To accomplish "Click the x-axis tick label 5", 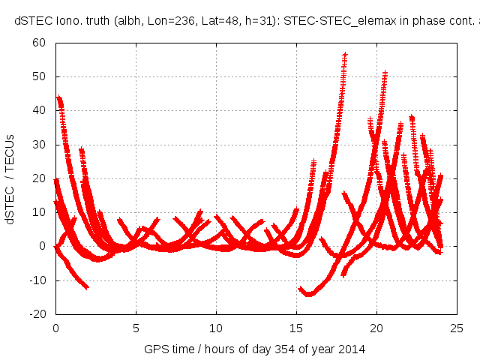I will pyautogui.click(x=136, y=328).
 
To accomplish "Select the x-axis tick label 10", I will pyautogui.click(x=216, y=328).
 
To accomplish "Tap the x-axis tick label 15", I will pyautogui.click(x=296, y=328).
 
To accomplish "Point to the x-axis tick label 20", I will pyautogui.click(x=376, y=328).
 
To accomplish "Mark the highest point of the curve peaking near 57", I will pyautogui.click(x=345, y=55).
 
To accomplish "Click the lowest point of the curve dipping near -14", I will pyautogui.click(x=308, y=294).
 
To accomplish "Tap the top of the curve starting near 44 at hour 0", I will pyautogui.click(x=58, y=98).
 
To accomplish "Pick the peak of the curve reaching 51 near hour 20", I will pyautogui.click(x=385, y=73).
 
